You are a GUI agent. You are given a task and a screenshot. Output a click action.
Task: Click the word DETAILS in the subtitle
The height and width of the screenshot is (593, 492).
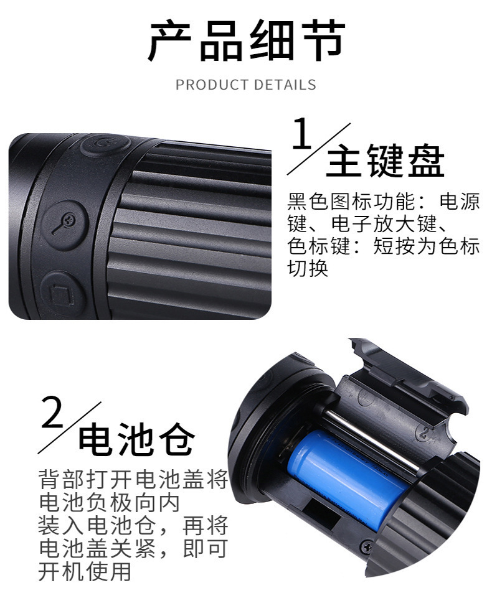coord(287,85)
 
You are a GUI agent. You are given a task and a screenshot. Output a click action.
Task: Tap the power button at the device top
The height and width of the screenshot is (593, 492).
coord(103,146)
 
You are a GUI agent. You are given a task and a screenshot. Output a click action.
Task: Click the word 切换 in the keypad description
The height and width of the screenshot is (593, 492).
coord(308,269)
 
